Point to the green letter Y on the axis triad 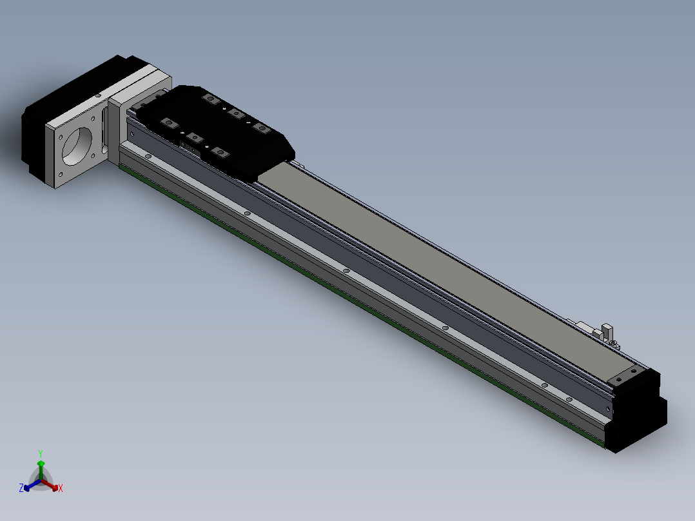point(41,453)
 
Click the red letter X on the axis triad point(61,488)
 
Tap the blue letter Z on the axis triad point(21,488)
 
